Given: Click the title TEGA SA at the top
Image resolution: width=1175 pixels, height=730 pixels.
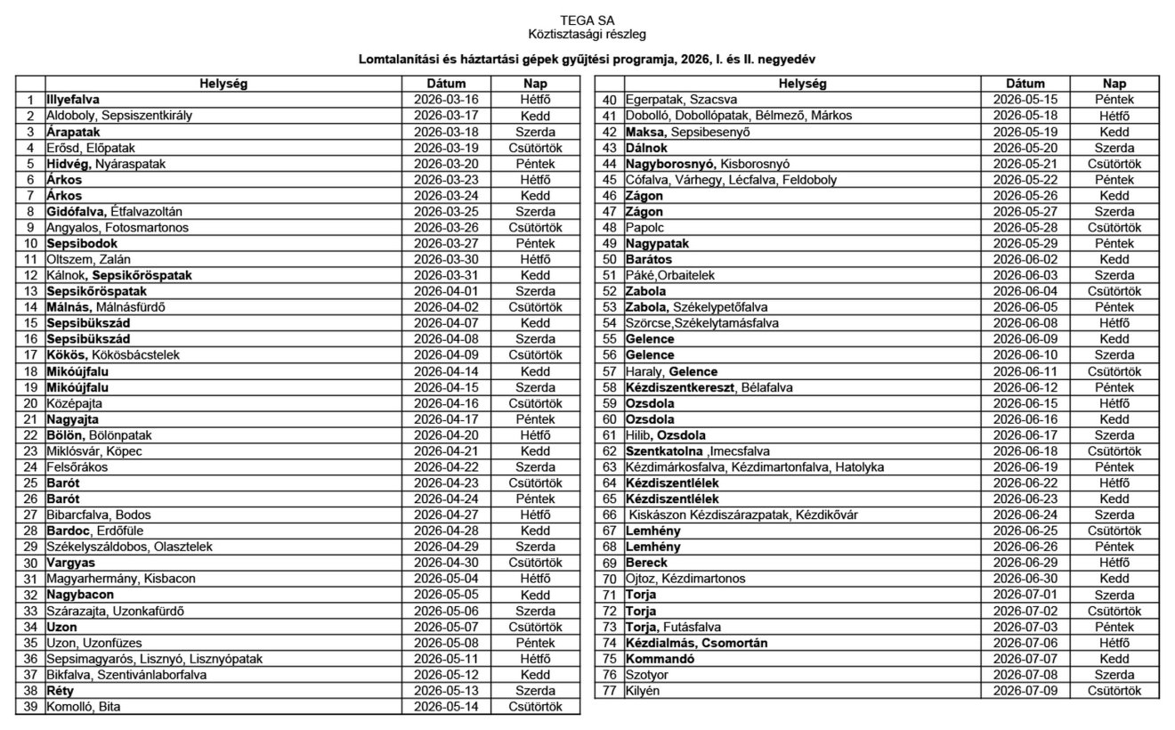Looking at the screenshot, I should click(587, 20).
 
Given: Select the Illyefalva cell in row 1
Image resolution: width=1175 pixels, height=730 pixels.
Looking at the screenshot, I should click(73, 100).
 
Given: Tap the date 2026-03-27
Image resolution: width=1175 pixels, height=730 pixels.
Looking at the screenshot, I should click(446, 243).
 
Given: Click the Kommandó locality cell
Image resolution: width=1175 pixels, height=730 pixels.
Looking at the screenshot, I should click(660, 659).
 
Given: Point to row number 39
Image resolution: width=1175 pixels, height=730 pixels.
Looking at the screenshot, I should click(30, 707).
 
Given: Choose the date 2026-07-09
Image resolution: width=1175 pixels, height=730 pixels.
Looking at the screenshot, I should click(1025, 691).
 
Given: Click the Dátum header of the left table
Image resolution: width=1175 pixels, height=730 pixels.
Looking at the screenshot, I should click(446, 84).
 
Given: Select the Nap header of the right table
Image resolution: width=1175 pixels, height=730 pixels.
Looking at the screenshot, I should click(1114, 84).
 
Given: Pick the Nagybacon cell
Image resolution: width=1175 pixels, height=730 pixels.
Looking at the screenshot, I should click(80, 595).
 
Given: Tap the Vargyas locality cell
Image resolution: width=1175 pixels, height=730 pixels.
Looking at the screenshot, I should click(71, 563).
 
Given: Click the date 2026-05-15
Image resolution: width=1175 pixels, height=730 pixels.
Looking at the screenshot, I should click(1025, 100).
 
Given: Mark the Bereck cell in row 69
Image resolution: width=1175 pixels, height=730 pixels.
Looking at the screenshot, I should click(646, 563).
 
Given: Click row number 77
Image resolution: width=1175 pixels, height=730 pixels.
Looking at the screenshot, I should click(610, 691).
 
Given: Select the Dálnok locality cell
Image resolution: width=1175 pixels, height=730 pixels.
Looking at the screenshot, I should click(647, 148).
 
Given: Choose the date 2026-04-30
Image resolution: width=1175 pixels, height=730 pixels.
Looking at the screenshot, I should click(446, 563).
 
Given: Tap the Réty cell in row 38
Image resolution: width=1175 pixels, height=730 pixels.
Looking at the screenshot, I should click(61, 691).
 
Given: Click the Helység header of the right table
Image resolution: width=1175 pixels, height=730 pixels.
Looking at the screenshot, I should click(802, 84).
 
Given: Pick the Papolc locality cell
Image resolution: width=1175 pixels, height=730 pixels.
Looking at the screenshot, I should click(644, 227).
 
